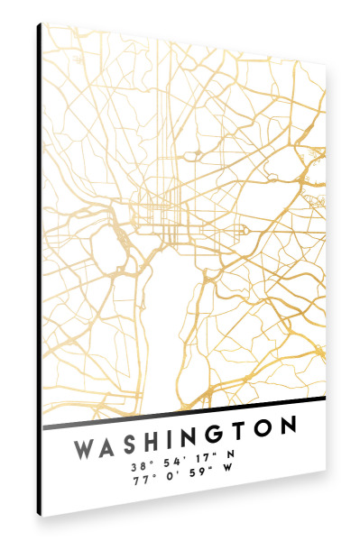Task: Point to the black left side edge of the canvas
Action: tap(39, 270)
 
